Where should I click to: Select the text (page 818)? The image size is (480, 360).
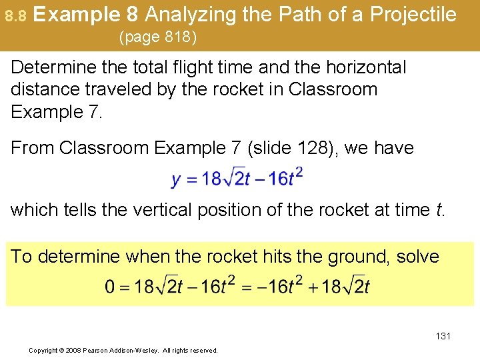(157, 37)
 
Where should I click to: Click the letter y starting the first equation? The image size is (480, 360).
(176, 180)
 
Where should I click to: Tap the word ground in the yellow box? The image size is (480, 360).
(358, 257)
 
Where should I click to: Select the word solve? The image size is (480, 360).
(417, 257)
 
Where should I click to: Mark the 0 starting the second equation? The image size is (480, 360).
(110, 287)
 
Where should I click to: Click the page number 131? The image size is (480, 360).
(443, 336)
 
